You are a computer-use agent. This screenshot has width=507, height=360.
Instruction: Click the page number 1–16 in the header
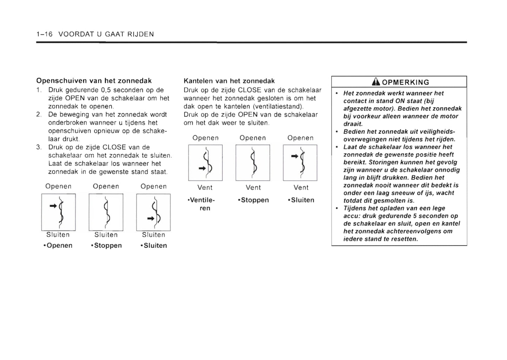(44, 34)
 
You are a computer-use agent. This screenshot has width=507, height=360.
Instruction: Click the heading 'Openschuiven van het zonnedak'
(94, 81)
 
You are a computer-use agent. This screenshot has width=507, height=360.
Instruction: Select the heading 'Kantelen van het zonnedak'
(229, 81)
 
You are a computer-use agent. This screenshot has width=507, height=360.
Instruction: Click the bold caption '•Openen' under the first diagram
(58, 245)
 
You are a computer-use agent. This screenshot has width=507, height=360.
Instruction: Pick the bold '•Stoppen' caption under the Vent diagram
(253, 200)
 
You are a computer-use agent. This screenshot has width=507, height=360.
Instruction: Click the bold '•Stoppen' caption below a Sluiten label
(106, 245)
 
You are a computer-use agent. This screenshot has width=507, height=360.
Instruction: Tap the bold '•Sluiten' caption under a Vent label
(301, 200)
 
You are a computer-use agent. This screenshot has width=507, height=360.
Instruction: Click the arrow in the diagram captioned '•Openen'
(53, 206)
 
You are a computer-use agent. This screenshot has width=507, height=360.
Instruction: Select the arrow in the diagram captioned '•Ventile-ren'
(202, 168)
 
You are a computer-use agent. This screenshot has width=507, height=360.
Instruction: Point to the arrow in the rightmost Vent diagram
(295, 156)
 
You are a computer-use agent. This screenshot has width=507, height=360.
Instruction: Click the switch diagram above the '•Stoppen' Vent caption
(253, 162)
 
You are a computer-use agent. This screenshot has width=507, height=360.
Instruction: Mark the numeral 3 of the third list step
(38, 147)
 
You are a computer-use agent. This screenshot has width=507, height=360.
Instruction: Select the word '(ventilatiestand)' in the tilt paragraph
(278, 106)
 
